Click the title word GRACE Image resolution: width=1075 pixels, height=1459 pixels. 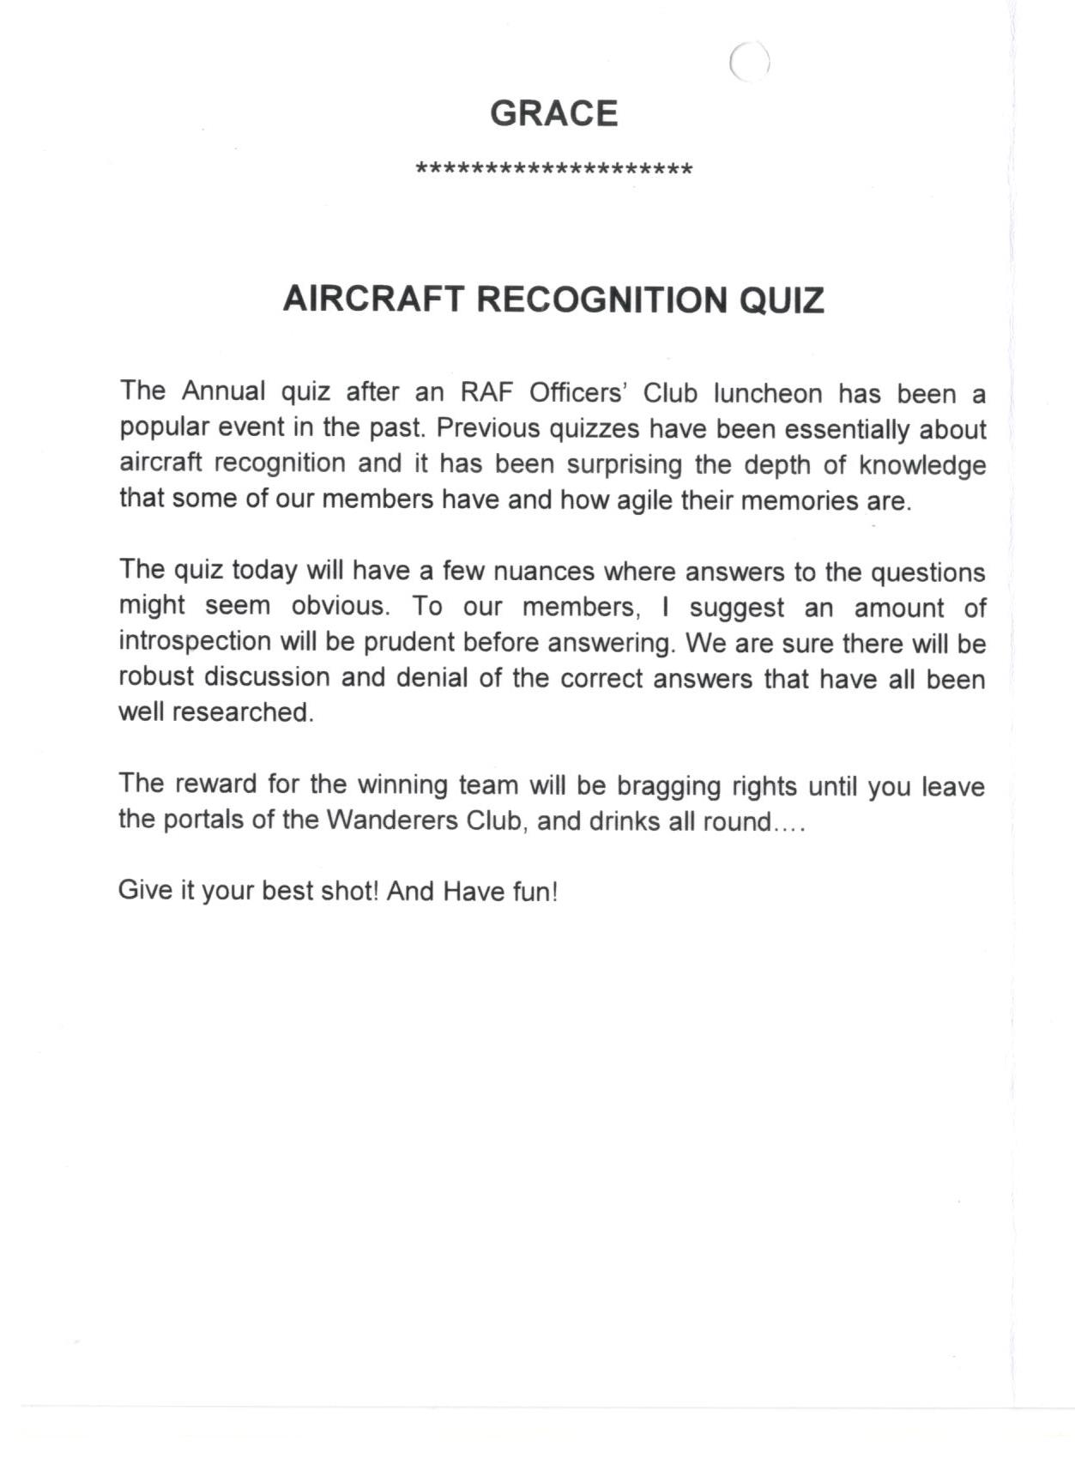click(x=553, y=114)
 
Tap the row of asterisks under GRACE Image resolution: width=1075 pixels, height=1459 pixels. click(x=553, y=168)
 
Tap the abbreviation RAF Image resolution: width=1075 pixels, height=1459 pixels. click(x=486, y=392)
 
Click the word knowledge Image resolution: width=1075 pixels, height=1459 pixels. click(x=922, y=465)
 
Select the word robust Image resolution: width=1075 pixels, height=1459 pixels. click(x=155, y=677)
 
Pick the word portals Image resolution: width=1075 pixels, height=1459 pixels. click(x=203, y=820)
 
